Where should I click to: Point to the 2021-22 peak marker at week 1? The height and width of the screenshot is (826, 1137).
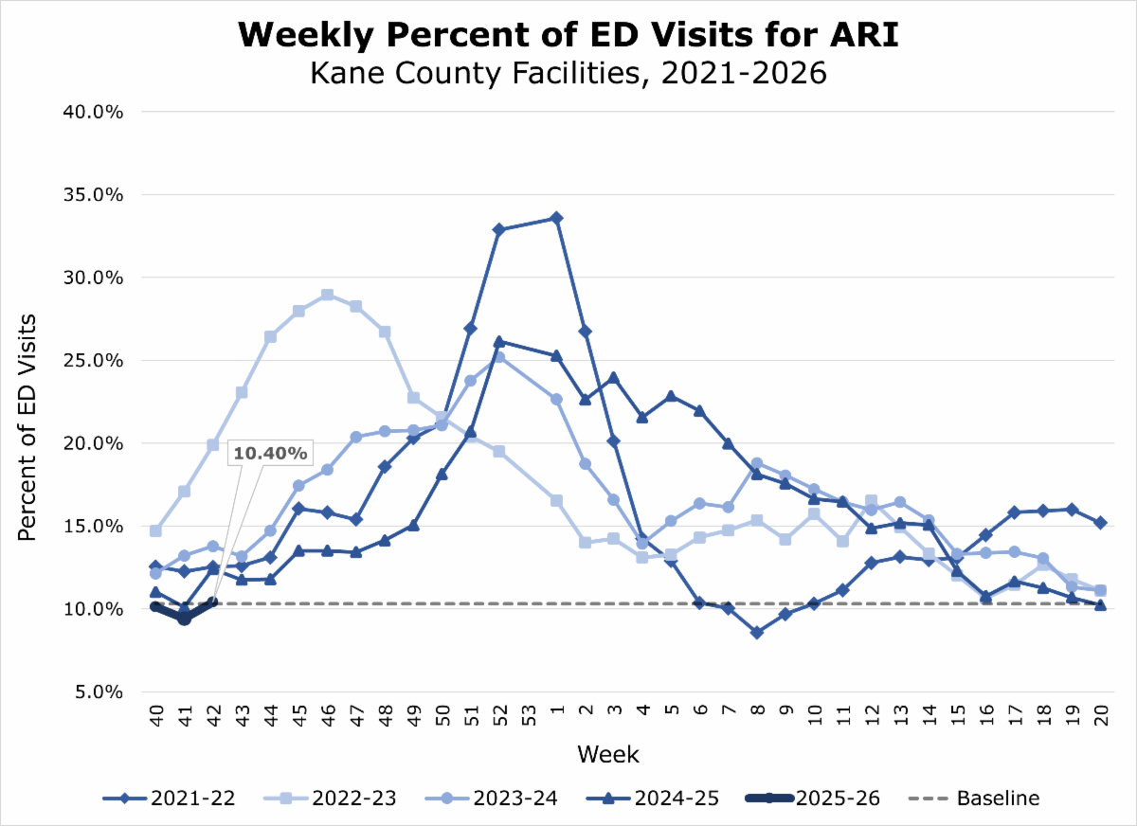[556, 218]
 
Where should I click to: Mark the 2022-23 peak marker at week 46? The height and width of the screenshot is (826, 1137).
[327, 295]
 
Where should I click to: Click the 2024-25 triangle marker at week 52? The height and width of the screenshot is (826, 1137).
[499, 341]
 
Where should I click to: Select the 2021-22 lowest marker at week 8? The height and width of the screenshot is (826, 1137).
[756, 632]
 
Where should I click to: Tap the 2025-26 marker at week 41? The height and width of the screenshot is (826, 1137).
[184, 619]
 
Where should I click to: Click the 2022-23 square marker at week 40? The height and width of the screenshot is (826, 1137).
[155, 530]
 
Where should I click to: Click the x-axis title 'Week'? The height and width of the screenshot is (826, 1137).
[608, 755]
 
